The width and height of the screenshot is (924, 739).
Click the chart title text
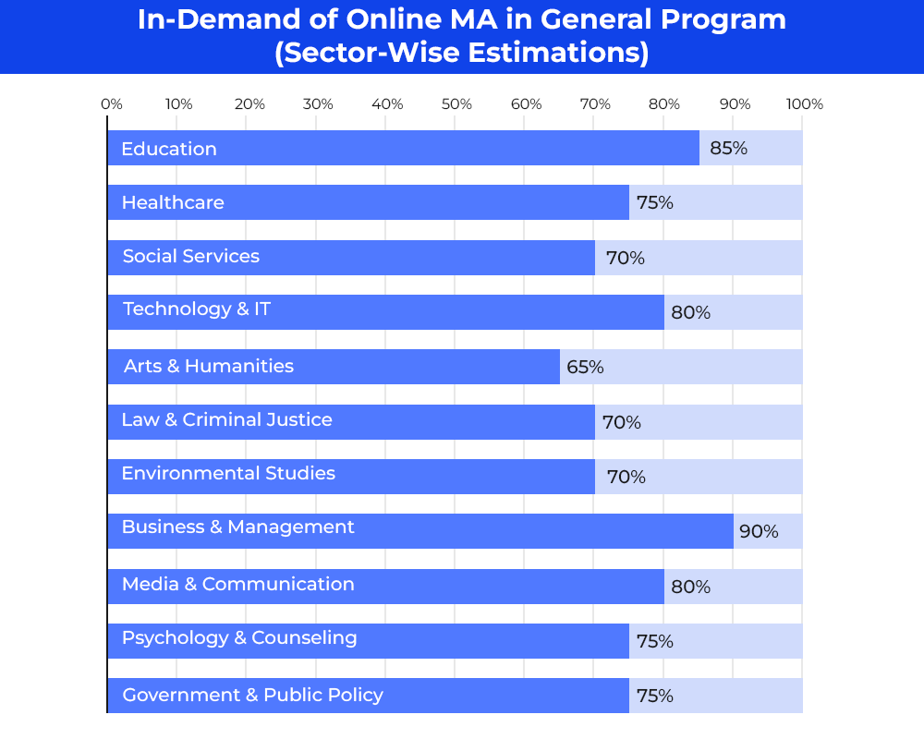(x=461, y=36)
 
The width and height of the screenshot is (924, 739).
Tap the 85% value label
(x=728, y=148)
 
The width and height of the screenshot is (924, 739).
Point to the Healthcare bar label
(x=173, y=202)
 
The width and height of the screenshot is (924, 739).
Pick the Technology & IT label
(x=197, y=309)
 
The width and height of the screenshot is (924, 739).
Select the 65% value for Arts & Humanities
(x=585, y=367)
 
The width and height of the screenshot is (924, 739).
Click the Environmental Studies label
(x=228, y=474)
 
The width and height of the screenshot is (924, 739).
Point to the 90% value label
(x=759, y=531)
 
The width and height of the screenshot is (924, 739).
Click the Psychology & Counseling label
(x=239, y=638)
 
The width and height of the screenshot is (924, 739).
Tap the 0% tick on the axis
(x=112, y=104)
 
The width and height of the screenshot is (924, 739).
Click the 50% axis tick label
(x=456, y=104)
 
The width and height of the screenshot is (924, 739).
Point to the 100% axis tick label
(x=804, y=104)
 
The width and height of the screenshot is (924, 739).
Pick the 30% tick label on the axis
(x=318, y=104)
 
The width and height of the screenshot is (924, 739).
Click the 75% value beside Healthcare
(x=654, y=202)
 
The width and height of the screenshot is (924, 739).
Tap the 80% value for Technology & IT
(x=690, y=312)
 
